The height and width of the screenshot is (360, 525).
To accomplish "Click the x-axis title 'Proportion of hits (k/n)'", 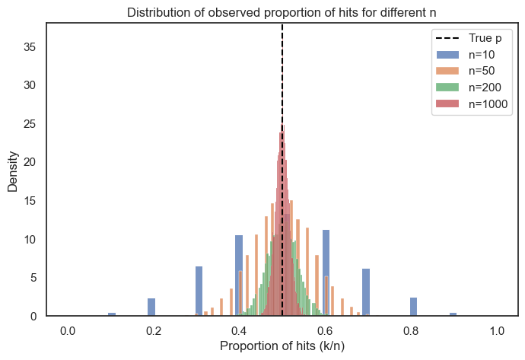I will coord(282,346).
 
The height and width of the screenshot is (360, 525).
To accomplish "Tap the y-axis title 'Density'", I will coord(14,169).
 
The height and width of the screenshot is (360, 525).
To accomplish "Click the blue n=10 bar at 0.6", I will coord(326,274).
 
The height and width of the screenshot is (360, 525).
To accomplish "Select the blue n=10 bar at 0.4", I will coord(239,276).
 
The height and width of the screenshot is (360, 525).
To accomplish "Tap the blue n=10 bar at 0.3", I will coord(199,292).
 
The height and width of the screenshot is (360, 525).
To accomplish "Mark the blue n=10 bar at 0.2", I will coord(151,307).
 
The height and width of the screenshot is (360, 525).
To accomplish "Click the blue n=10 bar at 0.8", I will coord(414,307).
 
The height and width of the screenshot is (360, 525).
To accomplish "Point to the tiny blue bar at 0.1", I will coord(112,314).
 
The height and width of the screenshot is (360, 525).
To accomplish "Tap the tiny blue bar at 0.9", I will coord(453,314).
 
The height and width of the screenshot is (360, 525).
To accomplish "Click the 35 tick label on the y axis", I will coord(31,46).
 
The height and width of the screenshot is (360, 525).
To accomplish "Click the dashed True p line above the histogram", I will coord(282,76).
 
